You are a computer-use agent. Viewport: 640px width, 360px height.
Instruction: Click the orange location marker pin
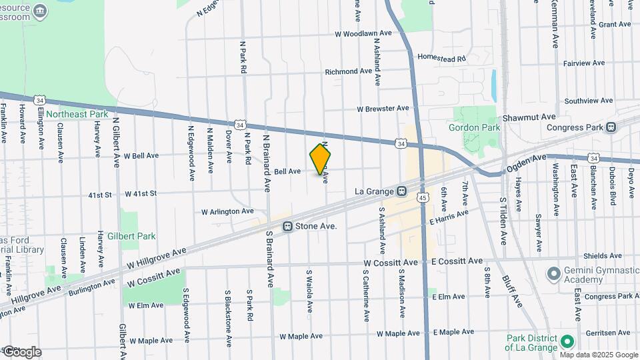click(321, 160)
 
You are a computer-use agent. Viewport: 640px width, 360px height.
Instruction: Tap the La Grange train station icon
click(402, 191)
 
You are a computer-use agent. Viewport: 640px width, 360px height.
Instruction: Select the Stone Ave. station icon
click(288, 227)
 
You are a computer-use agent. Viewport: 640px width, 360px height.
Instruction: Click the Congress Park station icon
click(611, 127)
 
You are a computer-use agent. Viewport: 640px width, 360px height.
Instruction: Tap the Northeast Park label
click(77, 114)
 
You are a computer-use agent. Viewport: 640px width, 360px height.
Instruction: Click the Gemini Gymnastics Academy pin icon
click(553, 274)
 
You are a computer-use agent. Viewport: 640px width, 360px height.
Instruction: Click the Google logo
click(21, 351)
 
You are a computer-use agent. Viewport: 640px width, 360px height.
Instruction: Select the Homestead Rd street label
click(441, 58)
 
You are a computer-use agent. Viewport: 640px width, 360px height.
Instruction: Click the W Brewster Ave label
click(383, 108)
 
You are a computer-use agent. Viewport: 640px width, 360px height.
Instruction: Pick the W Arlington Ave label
click(228, 211)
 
